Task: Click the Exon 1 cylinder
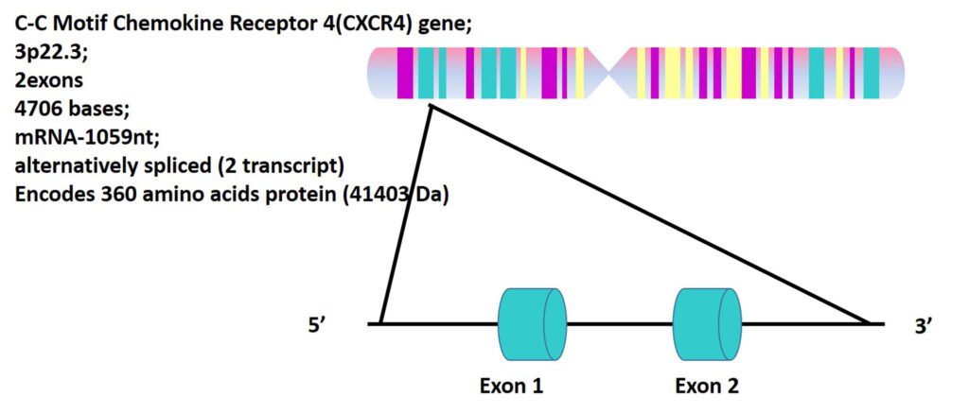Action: tap(532, 324)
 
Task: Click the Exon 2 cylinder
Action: tap(708, 324)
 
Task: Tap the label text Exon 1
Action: tap(511, 386)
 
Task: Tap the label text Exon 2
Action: tap(707, 386)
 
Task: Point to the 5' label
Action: tap(318, 326)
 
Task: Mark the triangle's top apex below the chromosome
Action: tap(431, 108)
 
